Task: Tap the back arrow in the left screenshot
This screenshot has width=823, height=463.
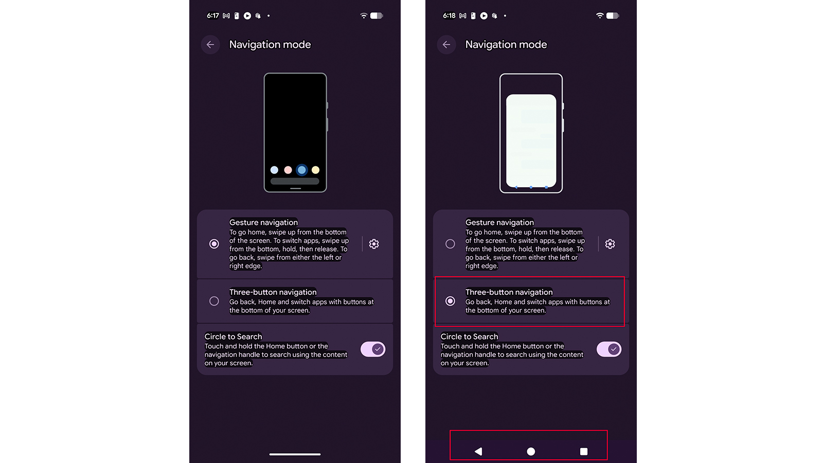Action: point(210,45)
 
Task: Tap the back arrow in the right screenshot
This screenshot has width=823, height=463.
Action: point(446,45)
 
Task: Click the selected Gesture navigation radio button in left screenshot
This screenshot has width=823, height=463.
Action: point(214,244)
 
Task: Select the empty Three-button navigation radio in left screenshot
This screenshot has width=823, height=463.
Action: point(214,301)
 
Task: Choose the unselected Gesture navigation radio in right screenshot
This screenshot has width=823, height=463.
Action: point(450,244)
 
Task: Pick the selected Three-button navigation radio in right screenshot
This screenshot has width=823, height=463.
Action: point(450,301)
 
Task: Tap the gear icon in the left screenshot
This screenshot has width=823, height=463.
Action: point(374,244)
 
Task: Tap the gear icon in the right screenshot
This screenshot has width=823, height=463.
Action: point(610,244)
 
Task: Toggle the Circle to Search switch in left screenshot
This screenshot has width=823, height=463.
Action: point(373,349)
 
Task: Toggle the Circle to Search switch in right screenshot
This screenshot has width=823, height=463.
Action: point(609,349)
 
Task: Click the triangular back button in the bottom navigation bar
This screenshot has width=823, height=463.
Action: point(478,451)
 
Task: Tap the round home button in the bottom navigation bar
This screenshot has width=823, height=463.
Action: point(531,451)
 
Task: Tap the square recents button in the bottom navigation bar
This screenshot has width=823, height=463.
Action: point(584,451)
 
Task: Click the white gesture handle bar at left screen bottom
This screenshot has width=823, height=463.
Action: point(295,454)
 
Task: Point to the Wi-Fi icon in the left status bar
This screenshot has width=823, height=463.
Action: point(364,16)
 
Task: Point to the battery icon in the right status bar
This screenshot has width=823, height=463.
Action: point(613,16)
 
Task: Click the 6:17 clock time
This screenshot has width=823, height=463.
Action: point(213,16)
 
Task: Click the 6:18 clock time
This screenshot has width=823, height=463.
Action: point(449,16)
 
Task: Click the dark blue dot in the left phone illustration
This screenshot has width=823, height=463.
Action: point(302,170)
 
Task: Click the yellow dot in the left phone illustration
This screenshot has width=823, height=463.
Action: point(315,170)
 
